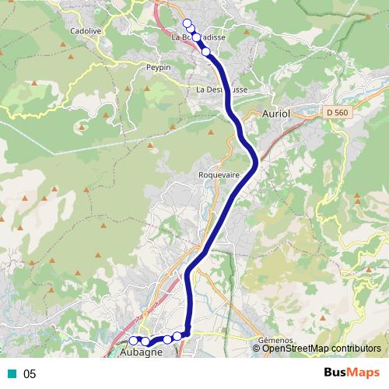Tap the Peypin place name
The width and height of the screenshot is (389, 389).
tap(158, 68)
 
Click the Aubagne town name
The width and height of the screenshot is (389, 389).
tap(142, 352)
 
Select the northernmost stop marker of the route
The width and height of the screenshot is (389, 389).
tap(186, 23)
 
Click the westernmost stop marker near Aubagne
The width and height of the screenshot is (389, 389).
tap(133, 340)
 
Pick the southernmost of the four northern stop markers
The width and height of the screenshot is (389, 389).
tap(206, 51)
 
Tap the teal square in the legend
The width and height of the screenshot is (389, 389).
tap(12, 373)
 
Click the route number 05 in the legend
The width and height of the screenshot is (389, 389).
tap(30, 373)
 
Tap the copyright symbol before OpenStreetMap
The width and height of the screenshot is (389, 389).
tap(257, 349)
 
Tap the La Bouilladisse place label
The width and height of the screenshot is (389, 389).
tap(199, 37)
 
